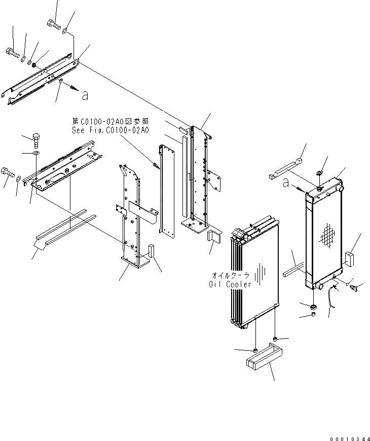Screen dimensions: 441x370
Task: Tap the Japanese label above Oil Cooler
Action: click(x=231, y=275)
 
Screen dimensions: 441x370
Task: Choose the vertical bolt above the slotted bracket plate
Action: click(x=36, y=138)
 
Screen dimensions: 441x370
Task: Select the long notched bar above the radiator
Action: click(x=285, y=168)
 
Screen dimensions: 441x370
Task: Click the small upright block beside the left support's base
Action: click(x=150, y=250)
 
